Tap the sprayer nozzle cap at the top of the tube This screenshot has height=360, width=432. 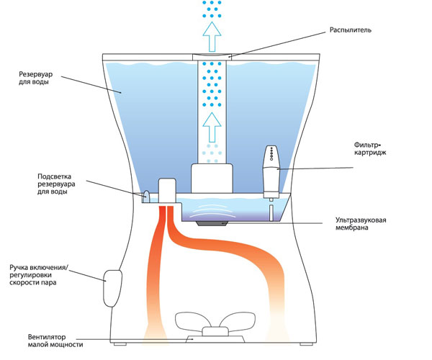[x=211, y=56]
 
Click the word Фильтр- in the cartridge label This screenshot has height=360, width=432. [x=372, y=143]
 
